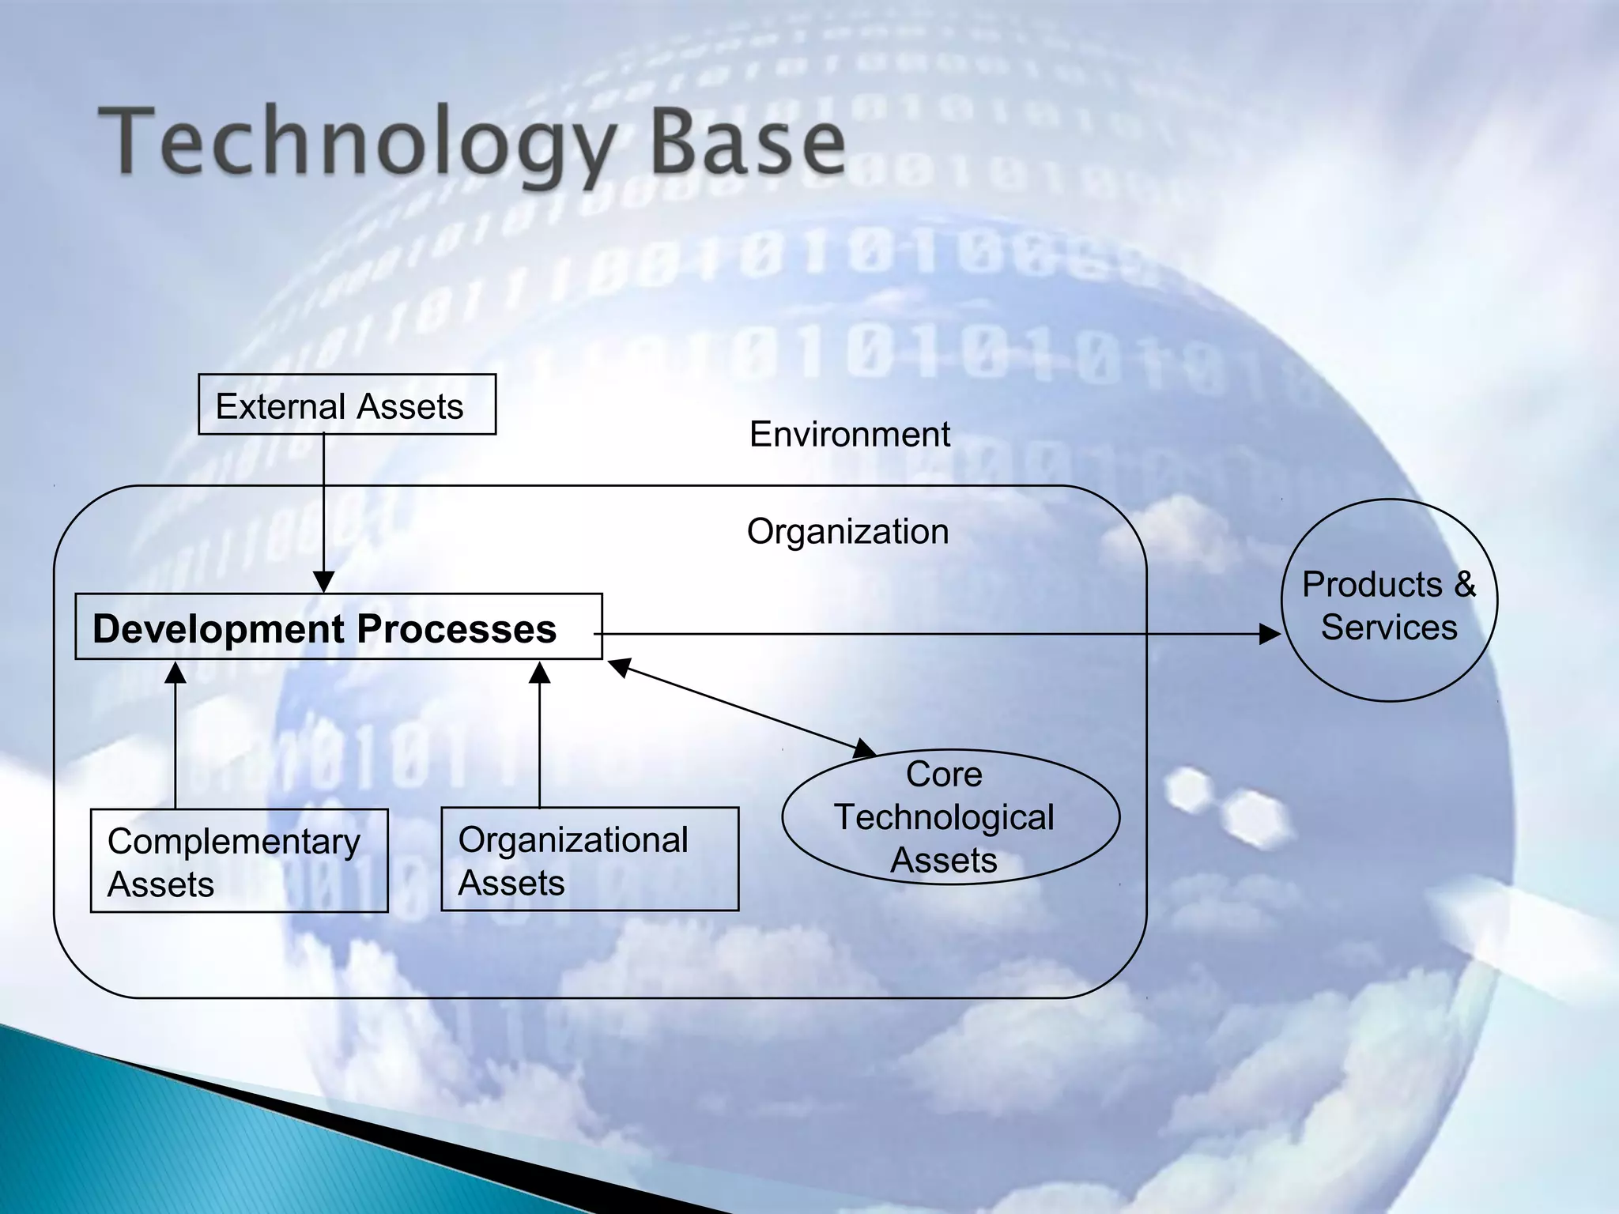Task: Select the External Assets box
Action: coord(346,405)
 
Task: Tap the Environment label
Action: coord(849,435)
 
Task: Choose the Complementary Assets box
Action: coord(239,861)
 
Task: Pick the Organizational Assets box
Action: coord(589,859)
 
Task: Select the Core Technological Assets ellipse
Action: coord(950,817)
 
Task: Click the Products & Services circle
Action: coord(1389,601)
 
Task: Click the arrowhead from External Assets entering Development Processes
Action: coord(323,582)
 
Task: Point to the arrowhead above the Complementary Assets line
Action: coord(175,673)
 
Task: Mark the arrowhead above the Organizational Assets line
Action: coord(539,673)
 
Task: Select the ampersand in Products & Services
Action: coord(1464,585)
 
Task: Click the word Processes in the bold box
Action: coord(457,629)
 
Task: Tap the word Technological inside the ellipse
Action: coord(944,817)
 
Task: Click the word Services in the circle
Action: coord(1389,628)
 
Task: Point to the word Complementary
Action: coord(234,842)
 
